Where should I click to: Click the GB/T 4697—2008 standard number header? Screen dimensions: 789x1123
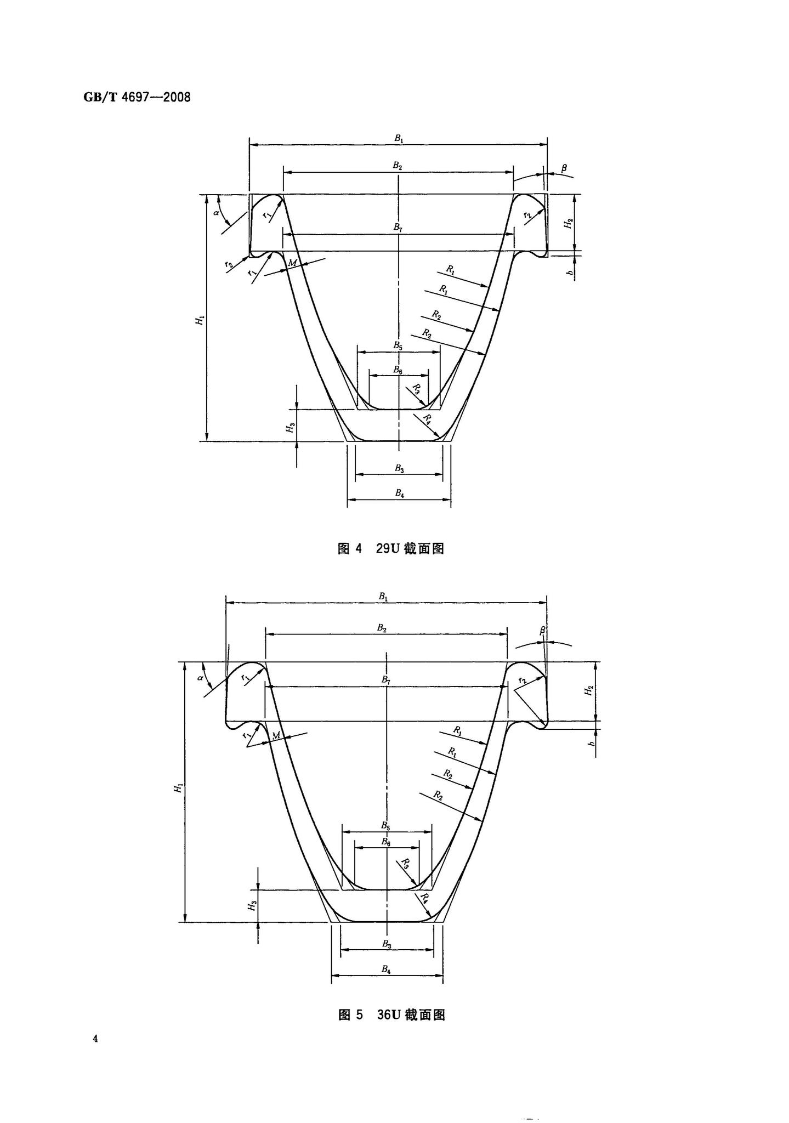tap(137, 98)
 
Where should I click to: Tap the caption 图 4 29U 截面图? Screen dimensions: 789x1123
tap(390, 548)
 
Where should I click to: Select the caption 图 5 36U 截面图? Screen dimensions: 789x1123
tap(391, 1014)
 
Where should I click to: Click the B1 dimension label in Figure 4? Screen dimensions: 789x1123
tap(399, 139)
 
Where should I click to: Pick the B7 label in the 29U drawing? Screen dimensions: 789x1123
tap(398, 228)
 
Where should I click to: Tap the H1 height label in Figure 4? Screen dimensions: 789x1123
tap(201, 320)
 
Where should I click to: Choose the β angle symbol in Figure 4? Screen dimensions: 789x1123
tap(564, 166)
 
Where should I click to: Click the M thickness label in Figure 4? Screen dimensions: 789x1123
tap(292, 263)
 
